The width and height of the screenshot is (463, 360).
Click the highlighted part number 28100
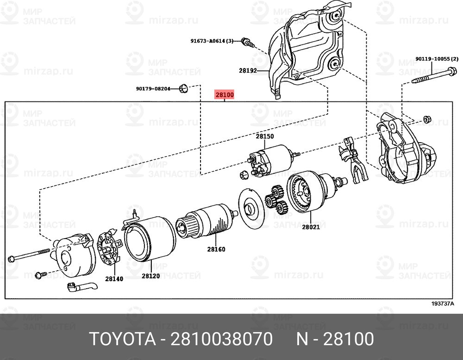tap(225, 95)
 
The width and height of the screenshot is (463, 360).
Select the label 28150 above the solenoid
tap(264, 136)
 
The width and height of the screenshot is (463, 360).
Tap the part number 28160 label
tap(216, 249)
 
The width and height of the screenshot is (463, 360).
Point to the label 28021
tap(311, 227)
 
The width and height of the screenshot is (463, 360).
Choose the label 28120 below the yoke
tap(150, 276)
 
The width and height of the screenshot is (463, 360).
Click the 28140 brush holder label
tap(114, 278)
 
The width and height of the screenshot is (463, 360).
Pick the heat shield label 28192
tap(248, 70)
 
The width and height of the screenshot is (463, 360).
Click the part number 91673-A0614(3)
tap(212, 41)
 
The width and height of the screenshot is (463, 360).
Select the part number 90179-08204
tap(153, 88)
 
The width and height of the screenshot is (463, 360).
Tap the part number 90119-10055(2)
tap(437, 59)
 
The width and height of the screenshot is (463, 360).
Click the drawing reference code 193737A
tap(442, 304)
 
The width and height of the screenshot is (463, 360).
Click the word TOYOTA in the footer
tap(122, 339)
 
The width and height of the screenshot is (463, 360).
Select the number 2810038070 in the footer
tap(221, 339)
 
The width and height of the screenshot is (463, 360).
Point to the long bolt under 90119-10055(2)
tap(434, 76)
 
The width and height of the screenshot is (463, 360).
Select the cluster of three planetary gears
tap(276, 200)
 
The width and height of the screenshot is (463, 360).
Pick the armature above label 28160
tap(206, 221)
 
